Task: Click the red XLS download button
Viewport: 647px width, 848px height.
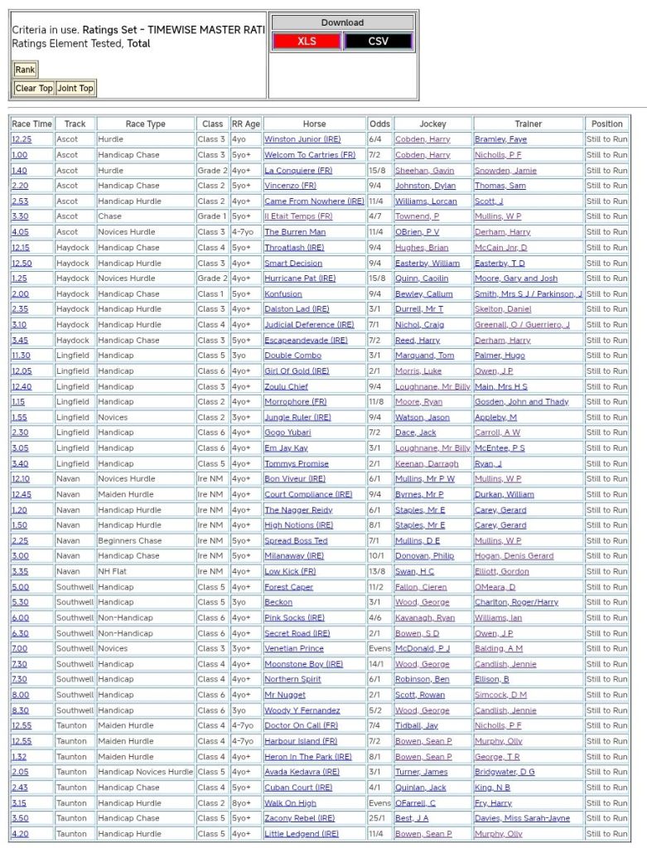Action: point(307,41)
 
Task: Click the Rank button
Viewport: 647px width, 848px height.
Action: point(25,70)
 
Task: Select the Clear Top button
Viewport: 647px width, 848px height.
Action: point(34,88)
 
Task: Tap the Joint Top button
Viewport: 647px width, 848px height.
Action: point(75,88)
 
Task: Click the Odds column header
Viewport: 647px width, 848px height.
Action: point(379,124)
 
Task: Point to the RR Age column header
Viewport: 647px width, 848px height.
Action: point(245,124)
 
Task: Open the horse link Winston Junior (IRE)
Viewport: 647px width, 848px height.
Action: point(302,139)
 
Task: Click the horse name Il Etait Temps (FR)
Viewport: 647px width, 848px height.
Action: point(298,216)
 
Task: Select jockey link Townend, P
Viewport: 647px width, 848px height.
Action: point(417,216)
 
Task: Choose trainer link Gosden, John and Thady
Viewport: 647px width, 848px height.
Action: point(521,402)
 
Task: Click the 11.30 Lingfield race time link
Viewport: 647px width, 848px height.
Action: point(21,356)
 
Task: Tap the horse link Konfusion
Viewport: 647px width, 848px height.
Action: point(283,293)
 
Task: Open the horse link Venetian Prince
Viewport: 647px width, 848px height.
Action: point(293,648)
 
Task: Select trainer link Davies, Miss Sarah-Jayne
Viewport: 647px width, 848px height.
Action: point(522,818)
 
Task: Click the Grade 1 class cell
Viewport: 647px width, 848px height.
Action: point(211,216)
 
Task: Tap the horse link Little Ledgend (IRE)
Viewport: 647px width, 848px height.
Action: point(301,834)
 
